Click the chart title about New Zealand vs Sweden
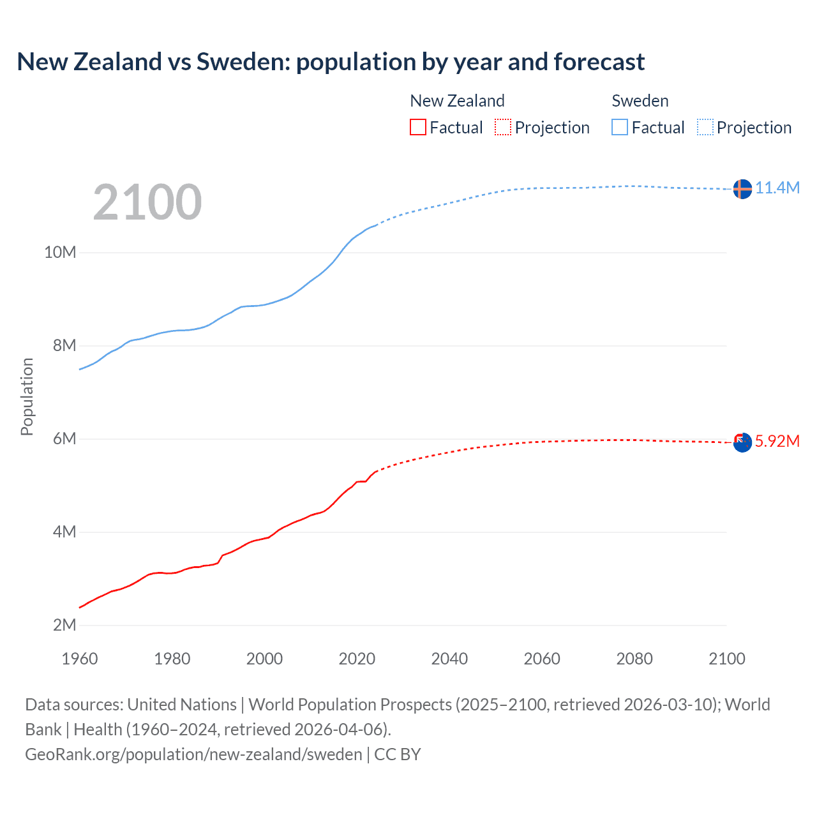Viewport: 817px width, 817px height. [x=331, y=62]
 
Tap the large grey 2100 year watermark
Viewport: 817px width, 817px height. [x=147, y=202]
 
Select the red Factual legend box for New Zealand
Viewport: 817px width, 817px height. [x=417, y=128]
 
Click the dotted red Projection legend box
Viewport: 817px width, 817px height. [x=503, y=128]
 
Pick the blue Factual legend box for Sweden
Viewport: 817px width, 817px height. [x=620, y=128]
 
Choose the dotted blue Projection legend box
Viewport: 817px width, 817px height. [x=705, y=128]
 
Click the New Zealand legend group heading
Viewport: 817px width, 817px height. [x=457, y=101]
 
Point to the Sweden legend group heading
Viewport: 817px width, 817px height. [x=640, y=101]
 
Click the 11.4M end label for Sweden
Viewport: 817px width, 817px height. [x=777, y=188]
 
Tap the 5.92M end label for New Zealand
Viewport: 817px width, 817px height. [x=777, y=441]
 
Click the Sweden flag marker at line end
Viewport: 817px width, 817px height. [x=742, y=189]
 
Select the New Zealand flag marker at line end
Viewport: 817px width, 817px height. [x=742, y=442]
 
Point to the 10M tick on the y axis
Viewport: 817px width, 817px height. [x=60, y=252]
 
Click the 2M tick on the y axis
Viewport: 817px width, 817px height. [x=64, y=625]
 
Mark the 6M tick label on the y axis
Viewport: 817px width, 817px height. [x=64, y=438]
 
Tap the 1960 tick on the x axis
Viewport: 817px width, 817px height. [x=80, y=659]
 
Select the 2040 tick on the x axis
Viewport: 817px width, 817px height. [x=449, y=659]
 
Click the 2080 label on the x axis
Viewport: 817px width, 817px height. [x=634, y=659]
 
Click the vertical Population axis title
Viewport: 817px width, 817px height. [x=27, y=396]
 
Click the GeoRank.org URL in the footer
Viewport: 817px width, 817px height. [x=193, y=754]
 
